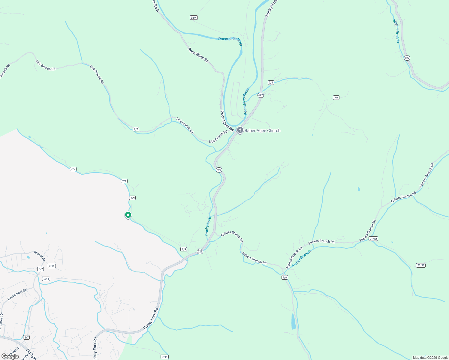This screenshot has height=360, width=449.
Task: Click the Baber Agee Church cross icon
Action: [x=240, y=130]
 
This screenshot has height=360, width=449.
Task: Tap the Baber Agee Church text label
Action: [x=262, y=130]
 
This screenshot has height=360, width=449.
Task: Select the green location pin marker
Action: [x=128, y=215]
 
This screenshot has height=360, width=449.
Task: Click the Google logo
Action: [x=10, y=356]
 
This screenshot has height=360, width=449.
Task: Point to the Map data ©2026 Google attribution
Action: [x=430, y=358]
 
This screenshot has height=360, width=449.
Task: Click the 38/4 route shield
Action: [x=194, y=18]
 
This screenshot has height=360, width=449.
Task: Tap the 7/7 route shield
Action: [x=136, y=129]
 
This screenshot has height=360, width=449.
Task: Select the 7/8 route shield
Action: [x=285, y=277]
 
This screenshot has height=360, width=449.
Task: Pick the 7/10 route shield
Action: [x=52, y=266]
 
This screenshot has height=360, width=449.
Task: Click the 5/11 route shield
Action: [x=46, y=279]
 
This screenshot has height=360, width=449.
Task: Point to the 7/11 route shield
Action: [x=164, y=357]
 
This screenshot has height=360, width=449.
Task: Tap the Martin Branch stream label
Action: [x=396, y=31]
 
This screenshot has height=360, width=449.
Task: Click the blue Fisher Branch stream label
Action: [x=301, y=259]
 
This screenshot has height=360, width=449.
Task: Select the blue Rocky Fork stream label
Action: [x=208, y=226]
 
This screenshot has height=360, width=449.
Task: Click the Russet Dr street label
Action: [x=39, y=256]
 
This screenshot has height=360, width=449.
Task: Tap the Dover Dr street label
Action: [x=14, y=351]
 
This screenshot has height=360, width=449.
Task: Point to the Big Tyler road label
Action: [x=31, y=355]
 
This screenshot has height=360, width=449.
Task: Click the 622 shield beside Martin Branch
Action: [x=407, y=58]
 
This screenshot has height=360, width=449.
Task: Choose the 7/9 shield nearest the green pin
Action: [x=132, y=198]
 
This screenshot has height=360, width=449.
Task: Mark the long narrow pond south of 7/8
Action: [x=293, y=321]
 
